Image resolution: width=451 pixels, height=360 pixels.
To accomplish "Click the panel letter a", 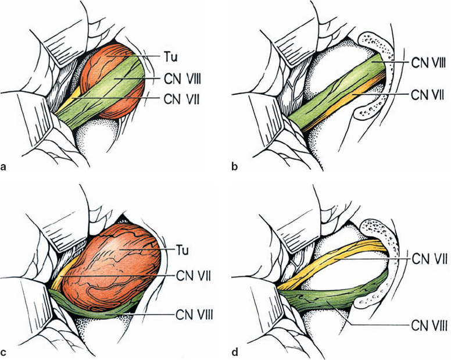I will (x=5, y=167).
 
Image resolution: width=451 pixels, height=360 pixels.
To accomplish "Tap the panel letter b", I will (x=235, y=167).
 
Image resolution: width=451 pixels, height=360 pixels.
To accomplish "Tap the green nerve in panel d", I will (x=331, y=297).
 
